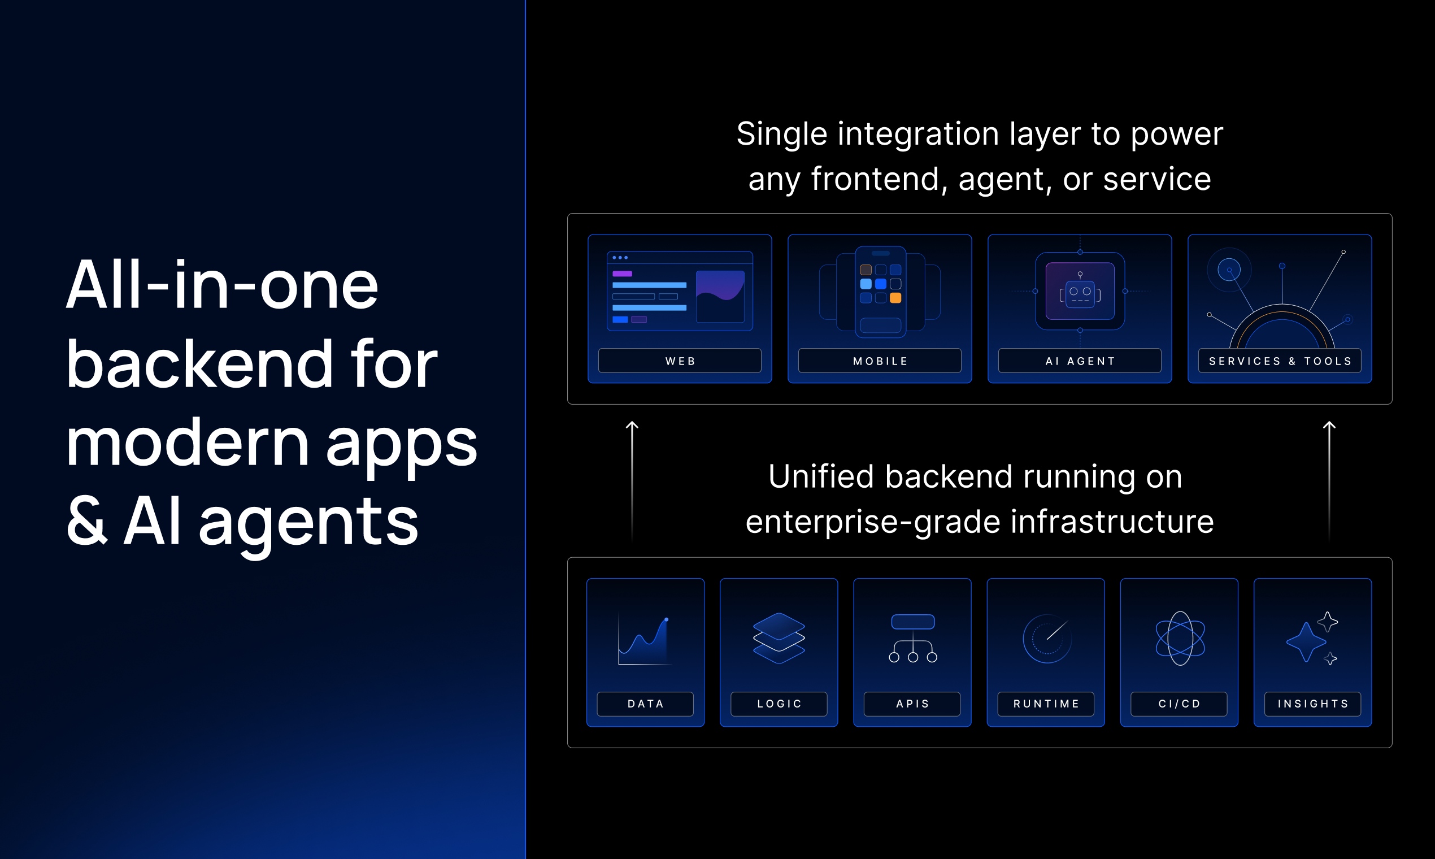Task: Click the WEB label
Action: (x=680, y=361)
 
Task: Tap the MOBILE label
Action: (x=880, y=361)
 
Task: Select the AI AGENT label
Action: (x=1080, y=361)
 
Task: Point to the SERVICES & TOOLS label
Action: (x=1280, y=361)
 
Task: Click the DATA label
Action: (x=645, y=704)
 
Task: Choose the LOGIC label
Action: (x=779, y=704)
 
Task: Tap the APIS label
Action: (x=912, y=704)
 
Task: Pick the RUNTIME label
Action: (x=1046, y=704)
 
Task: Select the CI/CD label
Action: (x=1179, y=704)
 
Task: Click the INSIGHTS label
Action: (x=1313, y=704)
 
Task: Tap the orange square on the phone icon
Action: (x=895, y=298)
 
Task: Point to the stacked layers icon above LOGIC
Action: (x=779, y=639)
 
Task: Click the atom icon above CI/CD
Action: (x=1180, y=639)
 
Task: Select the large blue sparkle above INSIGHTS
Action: (x=1306, y=642)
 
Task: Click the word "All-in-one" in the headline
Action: (x=222, y=285)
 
